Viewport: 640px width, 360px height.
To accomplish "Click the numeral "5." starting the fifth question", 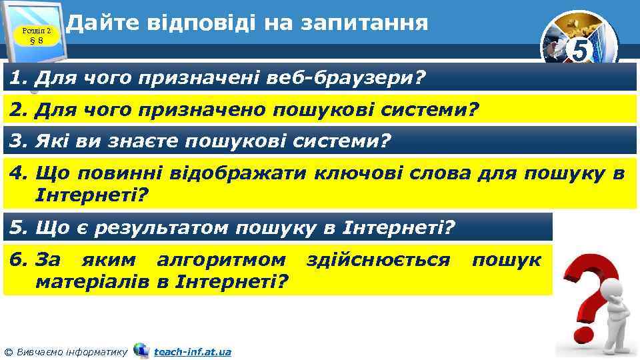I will [x=18, y=228].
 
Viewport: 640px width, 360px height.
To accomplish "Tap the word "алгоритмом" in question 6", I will [x=221, y=259].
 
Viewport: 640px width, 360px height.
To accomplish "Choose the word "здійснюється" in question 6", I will [x=378, y=259].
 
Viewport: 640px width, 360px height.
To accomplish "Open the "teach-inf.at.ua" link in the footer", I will [x=192, y=351].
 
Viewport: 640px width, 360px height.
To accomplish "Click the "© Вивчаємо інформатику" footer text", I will [x=65, y=351].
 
